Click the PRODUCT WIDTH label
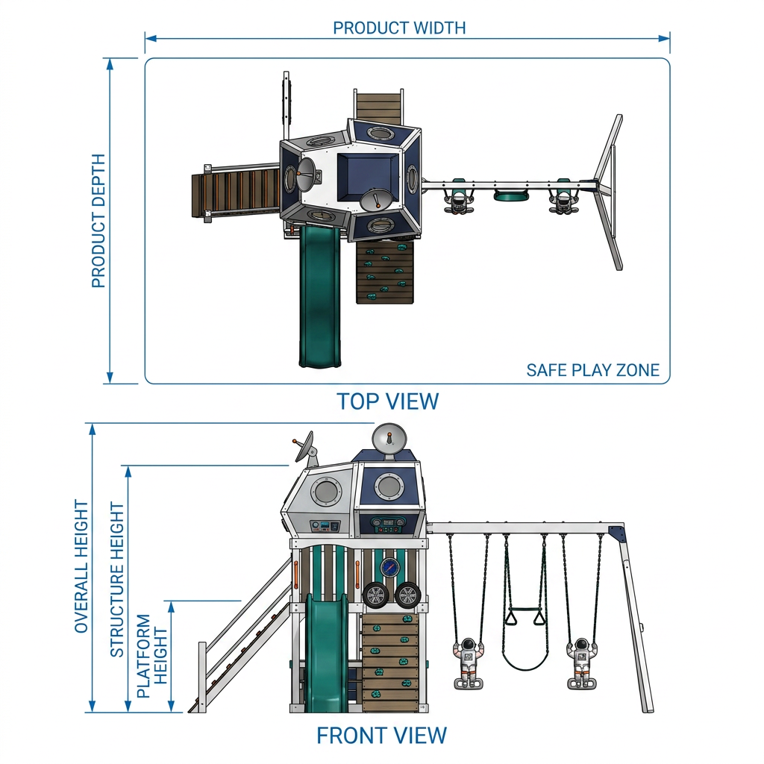(399, 28)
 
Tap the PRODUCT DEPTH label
(98, 221)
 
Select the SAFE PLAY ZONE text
(592, 370)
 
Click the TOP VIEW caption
(388, 401)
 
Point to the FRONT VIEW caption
(381, 736)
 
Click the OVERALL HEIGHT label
(81, 566)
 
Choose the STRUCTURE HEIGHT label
(117, 580)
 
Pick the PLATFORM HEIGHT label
(152, 656)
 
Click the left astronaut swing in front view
(469, 663)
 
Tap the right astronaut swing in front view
(582, 663)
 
